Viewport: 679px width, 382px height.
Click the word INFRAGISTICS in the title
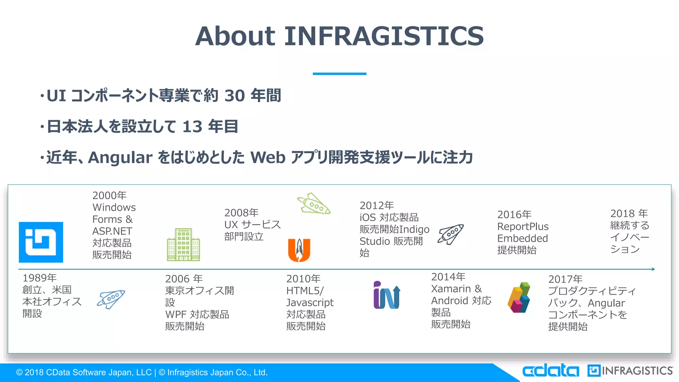point(384,36)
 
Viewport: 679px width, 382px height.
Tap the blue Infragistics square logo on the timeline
point(41,242)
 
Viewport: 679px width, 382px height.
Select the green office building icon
point(183,245)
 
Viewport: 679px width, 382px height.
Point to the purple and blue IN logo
point(387,295)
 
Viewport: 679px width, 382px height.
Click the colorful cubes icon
point(519,297)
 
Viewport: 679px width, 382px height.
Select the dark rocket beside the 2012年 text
point(451,234)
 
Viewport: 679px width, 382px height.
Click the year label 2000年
point(109,195)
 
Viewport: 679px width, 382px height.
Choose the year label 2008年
point(241,213)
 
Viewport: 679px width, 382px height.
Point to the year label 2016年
point(514,215)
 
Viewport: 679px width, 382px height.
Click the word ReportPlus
point(523,226)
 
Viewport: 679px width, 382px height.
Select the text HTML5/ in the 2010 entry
point(305,291)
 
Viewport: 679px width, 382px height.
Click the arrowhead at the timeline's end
point(653,269)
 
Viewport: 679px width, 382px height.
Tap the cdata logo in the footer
point(550,371)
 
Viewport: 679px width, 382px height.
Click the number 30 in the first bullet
point(234,96)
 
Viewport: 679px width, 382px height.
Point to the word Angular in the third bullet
point(120,158)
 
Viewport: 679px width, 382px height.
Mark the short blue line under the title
point(339,74)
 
